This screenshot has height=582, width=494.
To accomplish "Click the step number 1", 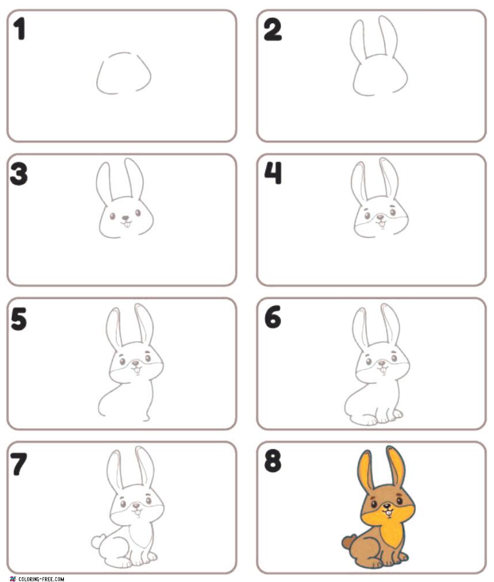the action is (x=19, y=29).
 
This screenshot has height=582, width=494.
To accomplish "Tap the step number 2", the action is (x=272, y=30).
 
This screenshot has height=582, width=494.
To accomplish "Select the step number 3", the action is (x=19, y=174).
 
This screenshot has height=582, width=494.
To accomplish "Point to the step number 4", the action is (x=273, y=173).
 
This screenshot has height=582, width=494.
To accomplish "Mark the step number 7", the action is (x=19, y=464).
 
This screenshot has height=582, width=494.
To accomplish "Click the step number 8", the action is (x=272, y=462).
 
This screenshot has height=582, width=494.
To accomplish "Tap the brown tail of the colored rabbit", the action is (x=348, y=543).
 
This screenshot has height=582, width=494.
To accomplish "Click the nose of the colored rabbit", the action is (x=387, y=505).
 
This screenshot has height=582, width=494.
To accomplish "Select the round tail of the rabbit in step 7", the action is (x=97, y=541).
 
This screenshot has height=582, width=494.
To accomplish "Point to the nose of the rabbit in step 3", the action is (x=126, y=218).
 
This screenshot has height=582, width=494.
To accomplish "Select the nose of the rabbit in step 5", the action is (x=136, y=363).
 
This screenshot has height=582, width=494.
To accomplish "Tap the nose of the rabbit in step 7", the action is (x=137, y=505).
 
